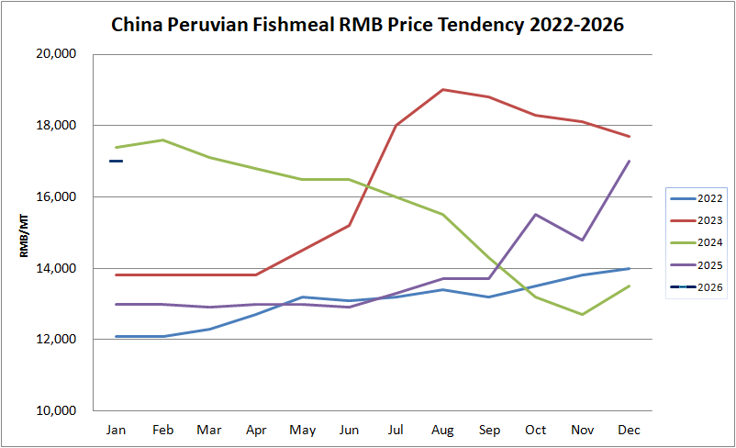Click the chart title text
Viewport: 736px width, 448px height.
[367, 24]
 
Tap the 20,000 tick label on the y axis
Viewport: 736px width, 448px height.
[56, 54]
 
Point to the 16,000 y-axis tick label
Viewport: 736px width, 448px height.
[56, 196]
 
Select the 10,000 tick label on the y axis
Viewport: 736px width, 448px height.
[56, 410]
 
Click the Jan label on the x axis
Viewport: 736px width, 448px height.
[116, 430]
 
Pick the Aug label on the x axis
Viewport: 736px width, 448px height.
[442, 430]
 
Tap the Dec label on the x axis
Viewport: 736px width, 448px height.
[629, 430]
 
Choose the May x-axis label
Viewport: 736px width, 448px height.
[302, 430]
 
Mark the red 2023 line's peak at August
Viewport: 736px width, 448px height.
[442, 90]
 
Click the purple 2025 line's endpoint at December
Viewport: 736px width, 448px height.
[629, 162]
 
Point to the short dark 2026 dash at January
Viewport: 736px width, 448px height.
[116, 162]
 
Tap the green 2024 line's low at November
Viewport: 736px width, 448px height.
[582, 314]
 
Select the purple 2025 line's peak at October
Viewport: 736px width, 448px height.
[535, 215]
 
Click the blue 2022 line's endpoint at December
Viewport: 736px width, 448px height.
[629, 268]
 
